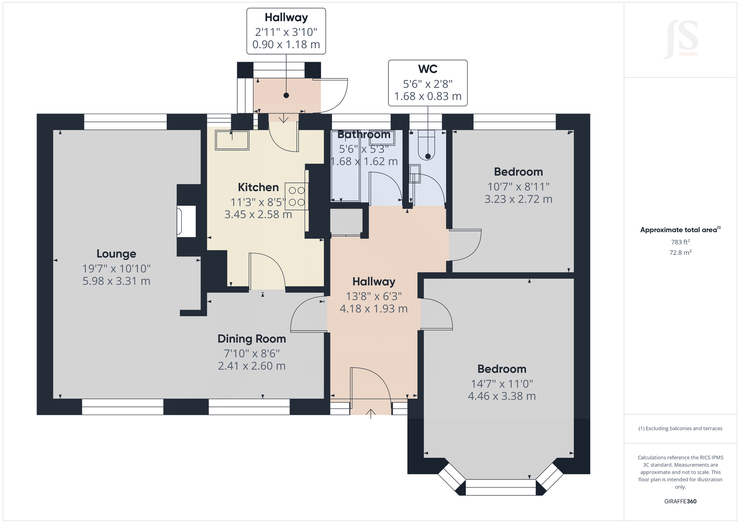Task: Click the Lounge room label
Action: click(116, 254)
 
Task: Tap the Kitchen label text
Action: click(259, 187)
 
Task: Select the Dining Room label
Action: click(252, 339)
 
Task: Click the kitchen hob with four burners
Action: click(296, 196)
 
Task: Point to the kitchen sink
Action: click(232, 141)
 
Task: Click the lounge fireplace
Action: click(186, 221)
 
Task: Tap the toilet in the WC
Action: click(427, 146)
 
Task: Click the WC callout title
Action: click(428, 69)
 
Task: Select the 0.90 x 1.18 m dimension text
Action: click(286, 44)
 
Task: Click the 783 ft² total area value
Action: click(680, 242)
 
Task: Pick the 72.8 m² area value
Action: click(680, 252)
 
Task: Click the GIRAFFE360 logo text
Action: click(680, 501)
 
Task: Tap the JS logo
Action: click(680, 40)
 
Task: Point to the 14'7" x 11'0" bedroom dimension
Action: click(502, 384)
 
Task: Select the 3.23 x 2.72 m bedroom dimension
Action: click(518, 199)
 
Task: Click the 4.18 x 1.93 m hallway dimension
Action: click(374, 308)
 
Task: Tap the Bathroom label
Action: click(364, 135)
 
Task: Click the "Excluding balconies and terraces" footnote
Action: click(680, 429)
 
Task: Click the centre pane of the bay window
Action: click(500, 487)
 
